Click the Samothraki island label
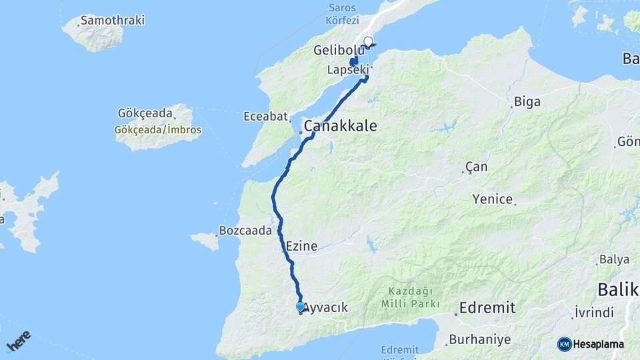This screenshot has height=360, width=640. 113,20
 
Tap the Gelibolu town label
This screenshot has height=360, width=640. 339,50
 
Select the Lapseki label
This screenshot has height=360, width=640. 347,69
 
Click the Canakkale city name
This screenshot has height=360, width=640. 340,126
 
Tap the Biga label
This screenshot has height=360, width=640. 527,102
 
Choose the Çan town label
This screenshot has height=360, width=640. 476,167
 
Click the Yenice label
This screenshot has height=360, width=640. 492,199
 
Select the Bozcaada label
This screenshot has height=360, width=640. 245,231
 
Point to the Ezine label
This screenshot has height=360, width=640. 301,246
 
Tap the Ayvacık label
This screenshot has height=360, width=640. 326,307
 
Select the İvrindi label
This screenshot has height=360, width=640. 594,313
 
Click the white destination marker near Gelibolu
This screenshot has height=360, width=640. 368,41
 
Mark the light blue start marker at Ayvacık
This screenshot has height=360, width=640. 301,307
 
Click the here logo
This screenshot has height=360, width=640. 19,340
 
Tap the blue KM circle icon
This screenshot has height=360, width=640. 564,344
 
